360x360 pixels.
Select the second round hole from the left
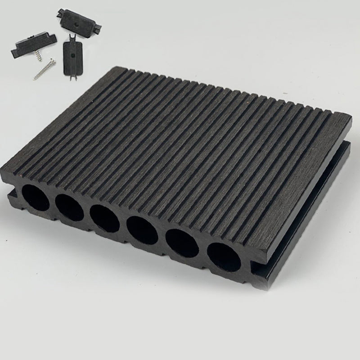coord(70,207)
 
